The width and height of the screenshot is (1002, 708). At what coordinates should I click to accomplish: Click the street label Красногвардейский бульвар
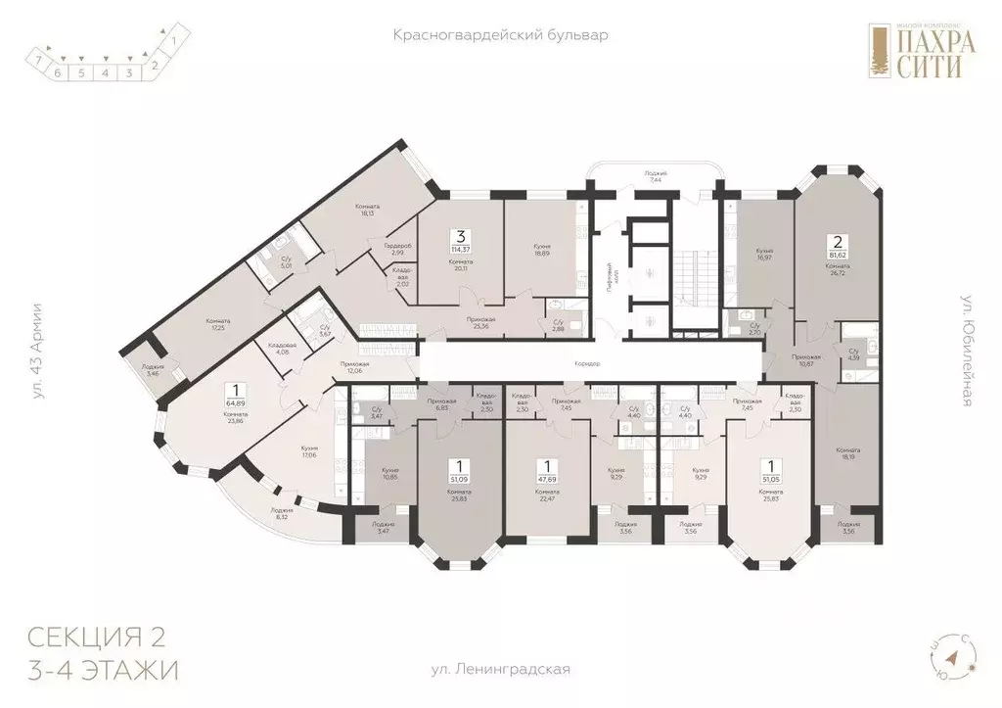500,35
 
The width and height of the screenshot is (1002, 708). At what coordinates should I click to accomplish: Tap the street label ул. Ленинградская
500,671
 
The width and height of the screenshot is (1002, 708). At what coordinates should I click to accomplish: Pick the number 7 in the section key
37,60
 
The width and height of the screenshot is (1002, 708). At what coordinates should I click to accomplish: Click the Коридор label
588,363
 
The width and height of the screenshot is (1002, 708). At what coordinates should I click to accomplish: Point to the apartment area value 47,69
548,480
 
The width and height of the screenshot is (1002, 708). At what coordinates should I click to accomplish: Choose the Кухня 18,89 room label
541,251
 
